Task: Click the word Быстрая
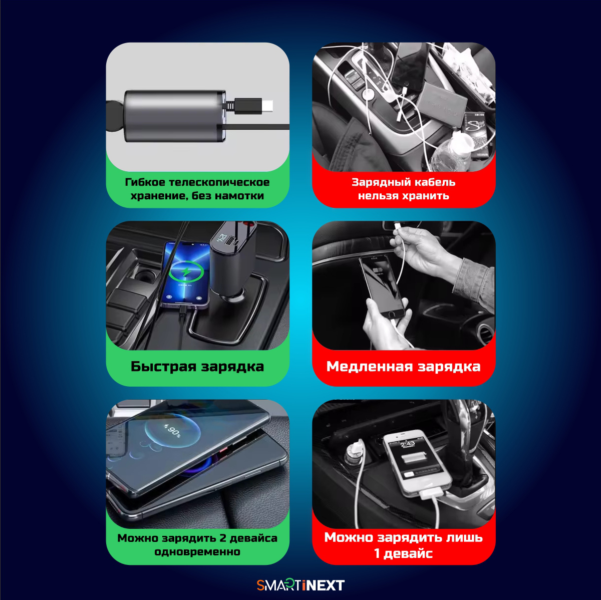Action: [163, 367]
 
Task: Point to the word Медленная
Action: [369, 367]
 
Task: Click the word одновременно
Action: [197, 552]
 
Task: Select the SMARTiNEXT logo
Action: [300, 585]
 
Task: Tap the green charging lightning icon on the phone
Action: [186, 271]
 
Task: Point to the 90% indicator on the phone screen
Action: [173, 431]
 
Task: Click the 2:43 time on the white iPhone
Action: [408, 444]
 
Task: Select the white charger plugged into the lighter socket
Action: [355, 451]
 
